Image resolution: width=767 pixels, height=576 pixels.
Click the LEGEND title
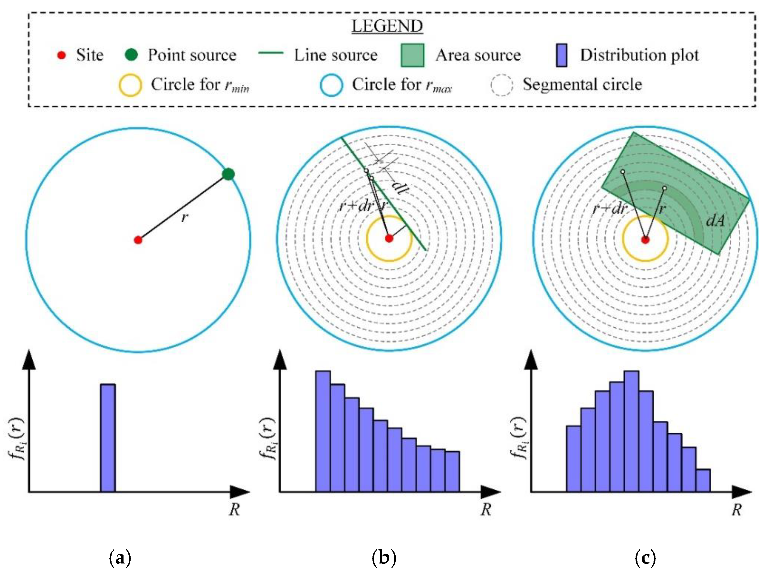pos(387,26)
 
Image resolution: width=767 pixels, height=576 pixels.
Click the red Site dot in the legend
pos(61,55)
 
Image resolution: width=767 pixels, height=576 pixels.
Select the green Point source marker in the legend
pos(131,55)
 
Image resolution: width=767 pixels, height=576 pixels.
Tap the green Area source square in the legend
pos(412,55)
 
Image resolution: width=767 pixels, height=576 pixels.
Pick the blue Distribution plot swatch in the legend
pos(561,55)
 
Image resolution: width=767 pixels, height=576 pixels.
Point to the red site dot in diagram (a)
pos(138,240)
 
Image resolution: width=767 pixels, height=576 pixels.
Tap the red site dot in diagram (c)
pos(645,240)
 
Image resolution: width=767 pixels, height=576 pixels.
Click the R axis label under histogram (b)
pos(486,509)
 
